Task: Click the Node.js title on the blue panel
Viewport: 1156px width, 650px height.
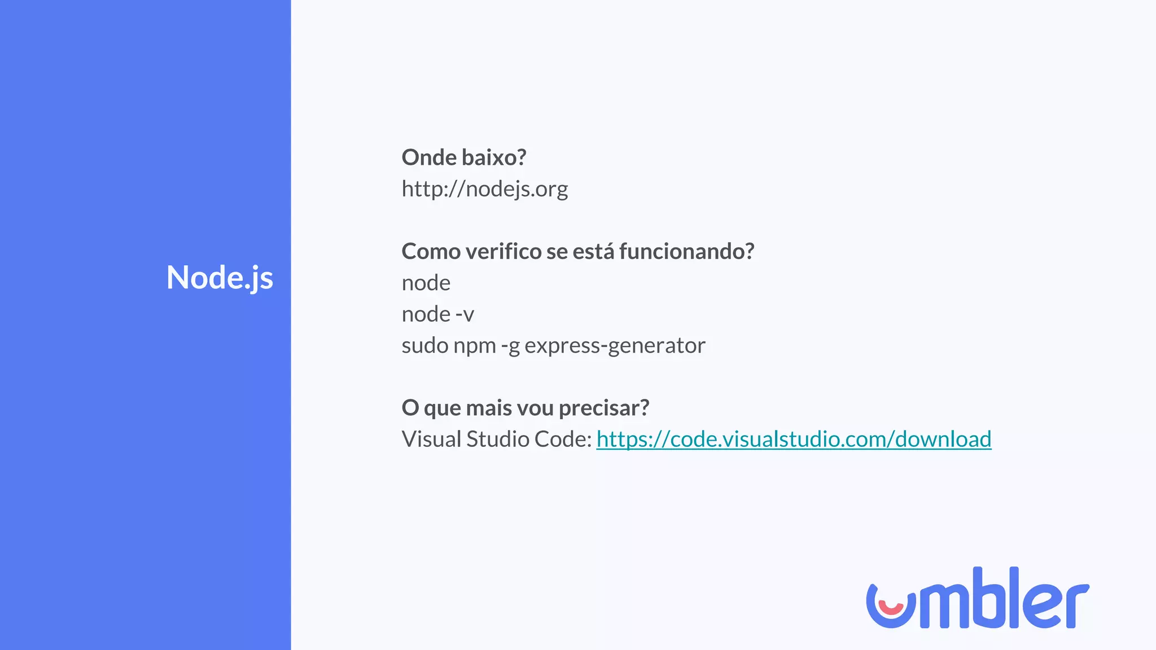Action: [220, 278]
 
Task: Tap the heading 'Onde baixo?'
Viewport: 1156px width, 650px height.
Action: [463, 157]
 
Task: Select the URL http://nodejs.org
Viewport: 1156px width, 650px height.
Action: [484, 189]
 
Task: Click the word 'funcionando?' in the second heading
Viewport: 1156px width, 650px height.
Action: [686, 252]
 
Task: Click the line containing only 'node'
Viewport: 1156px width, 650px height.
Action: [426, 283]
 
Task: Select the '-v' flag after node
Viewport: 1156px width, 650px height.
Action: [465, 314]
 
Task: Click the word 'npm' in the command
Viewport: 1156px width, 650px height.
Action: [474, 346]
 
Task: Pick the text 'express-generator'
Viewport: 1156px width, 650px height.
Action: [615, 345]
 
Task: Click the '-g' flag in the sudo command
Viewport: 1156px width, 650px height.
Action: [510, 346]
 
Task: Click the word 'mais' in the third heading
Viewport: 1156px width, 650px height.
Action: [488, 408]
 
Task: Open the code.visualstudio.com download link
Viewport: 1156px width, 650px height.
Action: [794, 440]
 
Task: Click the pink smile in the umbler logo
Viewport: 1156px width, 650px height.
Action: [891, 608]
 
